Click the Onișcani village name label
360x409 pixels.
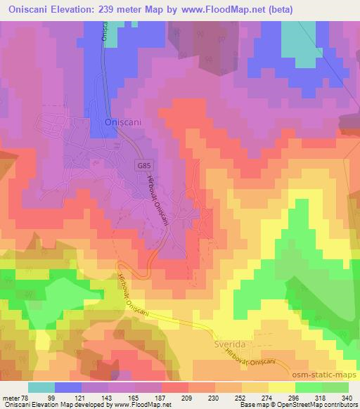124,122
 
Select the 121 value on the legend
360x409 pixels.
94,398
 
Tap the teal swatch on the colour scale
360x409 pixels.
41,387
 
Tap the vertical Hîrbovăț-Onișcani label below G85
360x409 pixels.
157,201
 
